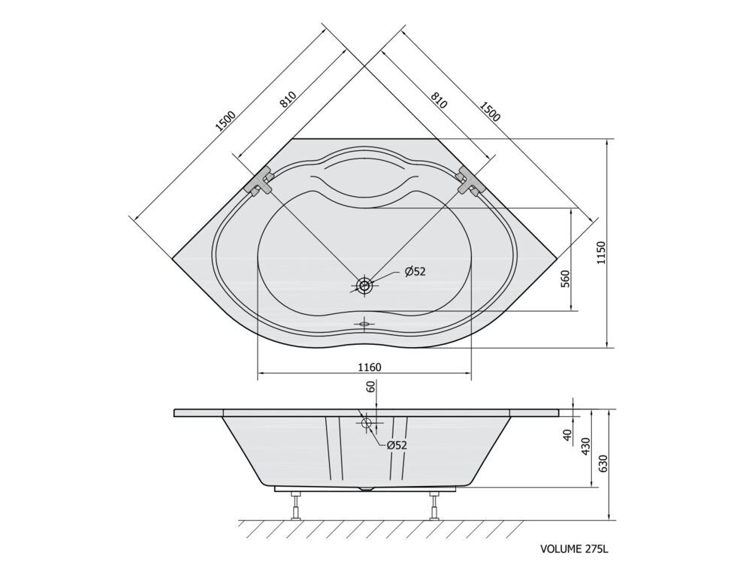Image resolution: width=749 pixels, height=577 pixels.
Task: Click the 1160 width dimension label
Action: pos(370,367)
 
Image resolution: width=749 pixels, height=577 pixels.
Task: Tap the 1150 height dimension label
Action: pos(602,253)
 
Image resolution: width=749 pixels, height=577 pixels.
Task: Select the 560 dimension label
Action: pos(566,279)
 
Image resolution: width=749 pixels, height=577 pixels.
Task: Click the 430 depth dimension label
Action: pos(586,446)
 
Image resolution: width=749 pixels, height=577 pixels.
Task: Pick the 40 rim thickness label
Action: pos(567,435)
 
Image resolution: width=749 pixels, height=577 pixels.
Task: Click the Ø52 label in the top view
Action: pos(415,272)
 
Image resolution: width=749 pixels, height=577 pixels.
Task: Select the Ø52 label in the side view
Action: pos(397,446)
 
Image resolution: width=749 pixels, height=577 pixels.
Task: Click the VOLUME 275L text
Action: pos(575,548)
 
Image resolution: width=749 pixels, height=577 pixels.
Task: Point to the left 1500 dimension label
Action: pos(225,121)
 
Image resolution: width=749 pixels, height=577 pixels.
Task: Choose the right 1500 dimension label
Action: pos(490,111)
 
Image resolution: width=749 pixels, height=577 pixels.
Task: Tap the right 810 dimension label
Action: pos(439,100)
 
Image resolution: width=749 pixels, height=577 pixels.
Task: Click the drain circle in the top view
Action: pos(365,286)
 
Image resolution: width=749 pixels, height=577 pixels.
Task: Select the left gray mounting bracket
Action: pos(258,181)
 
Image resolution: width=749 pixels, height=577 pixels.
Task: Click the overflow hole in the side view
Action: pos(367,423)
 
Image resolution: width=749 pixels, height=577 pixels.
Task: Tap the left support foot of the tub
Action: pos(296,505)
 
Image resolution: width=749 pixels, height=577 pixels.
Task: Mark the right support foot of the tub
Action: pos(433,505)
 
